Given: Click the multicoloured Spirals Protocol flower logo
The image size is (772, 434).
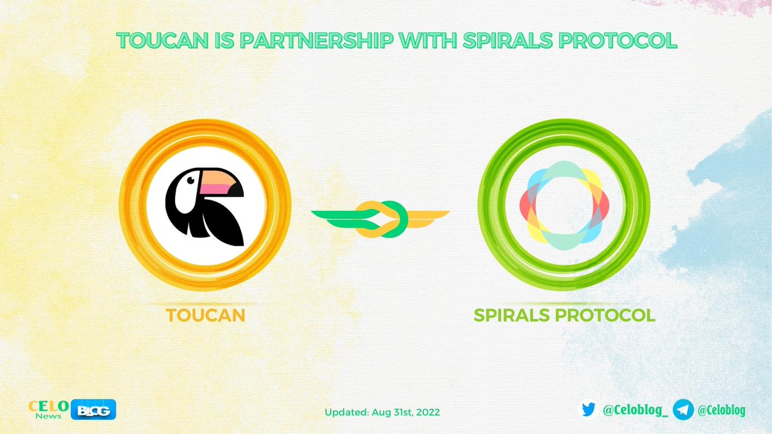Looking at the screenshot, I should (564, 204).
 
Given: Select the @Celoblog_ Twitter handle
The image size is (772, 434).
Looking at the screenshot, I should (634, 410).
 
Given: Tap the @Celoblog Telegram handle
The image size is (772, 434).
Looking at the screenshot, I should (721, 410).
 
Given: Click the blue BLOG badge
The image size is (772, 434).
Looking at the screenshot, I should (96, 410).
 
